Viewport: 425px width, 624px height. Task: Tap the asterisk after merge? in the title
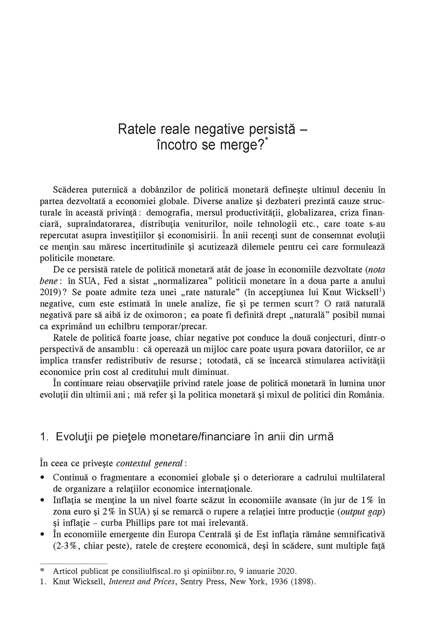(267, 141)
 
